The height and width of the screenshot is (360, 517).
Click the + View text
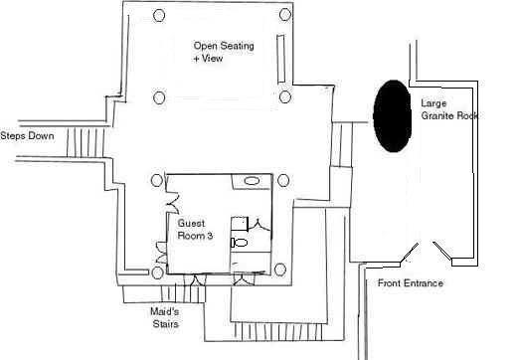[x=210, y=60]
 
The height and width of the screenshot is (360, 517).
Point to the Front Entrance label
[x=411, y=284]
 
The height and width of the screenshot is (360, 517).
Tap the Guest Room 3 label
[x=194, y=230]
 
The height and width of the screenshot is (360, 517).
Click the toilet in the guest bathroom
[x=240, y=242]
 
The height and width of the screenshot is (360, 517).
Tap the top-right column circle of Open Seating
[x=285, y=14]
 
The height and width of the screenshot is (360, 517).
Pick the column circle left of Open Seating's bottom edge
[x=158, y=96]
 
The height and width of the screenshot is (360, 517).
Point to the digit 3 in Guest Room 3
[x=210, y=237]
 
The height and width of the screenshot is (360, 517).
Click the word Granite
[x=438, y=116]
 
